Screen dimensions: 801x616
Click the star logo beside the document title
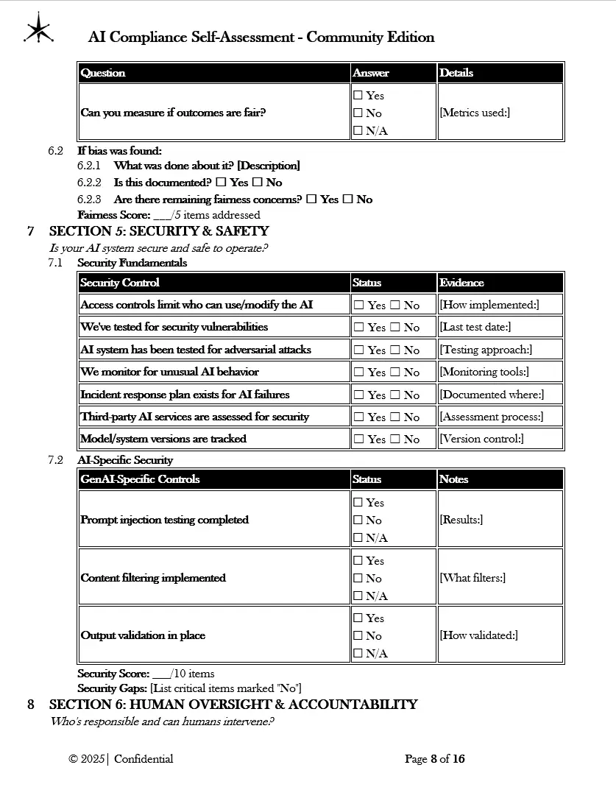point(38,29)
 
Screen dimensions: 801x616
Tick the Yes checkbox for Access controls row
point(358,305)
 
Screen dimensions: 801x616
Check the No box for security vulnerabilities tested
point(394,328)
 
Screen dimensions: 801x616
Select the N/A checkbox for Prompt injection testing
point(358,538)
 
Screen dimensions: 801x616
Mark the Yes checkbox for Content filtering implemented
point(358,561)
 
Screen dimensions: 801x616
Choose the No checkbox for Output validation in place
point(358,636)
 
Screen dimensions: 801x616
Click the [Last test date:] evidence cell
point(475,327)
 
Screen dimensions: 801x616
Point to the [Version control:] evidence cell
point(481,439)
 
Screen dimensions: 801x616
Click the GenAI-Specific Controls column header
point(140,479)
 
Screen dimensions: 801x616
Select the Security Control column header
point(120,283)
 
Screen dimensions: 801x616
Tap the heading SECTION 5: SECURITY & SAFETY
point(159,231)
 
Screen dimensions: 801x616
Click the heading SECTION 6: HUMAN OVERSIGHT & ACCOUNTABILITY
point(233,705)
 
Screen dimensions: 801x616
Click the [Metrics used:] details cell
point(475,113)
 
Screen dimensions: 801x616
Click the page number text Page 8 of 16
point(434,759)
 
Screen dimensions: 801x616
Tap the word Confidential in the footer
point(144,759)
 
